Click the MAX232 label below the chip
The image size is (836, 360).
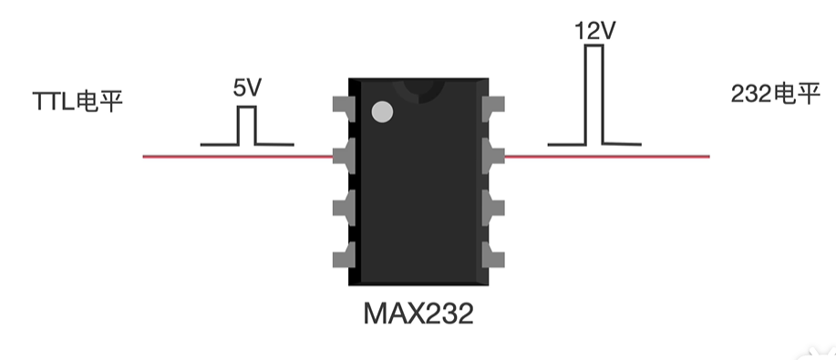point(418,314)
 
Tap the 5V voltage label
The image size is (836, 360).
point(247,88)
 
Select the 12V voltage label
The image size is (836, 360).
point(595,31)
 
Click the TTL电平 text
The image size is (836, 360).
point(77,101)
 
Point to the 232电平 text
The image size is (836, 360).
point(775,94)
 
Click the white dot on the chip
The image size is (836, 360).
point(382,112)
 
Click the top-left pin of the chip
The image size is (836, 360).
point(344,106)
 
